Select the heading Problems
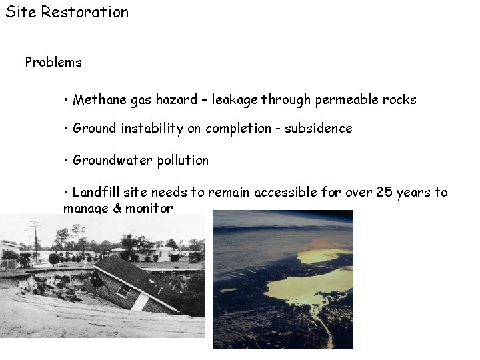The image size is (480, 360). [53, 63]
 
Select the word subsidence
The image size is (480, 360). [318, 129]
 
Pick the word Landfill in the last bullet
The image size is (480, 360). [95, 193]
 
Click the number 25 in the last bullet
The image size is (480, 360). [384, 193]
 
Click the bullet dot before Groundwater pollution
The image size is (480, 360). [67, 161]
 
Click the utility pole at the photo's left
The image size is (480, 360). [35, 241]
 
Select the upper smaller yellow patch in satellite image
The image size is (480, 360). [323, 255]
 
